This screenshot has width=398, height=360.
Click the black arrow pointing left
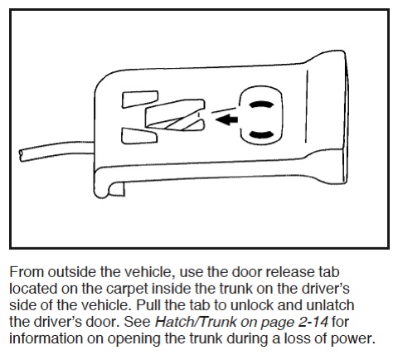pyautogui.click(x=226, y=119)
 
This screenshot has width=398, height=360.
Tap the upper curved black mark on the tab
pyautogui.click(x=261, y=105)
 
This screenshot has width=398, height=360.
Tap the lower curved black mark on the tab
pyautogui.click(x=261, y=134)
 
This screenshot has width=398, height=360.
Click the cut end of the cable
pyautogui.click(x=21, y=156)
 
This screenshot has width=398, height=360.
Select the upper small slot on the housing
pyautogui.click(x=140, y=99)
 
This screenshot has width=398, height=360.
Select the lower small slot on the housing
pyautogui.click(x=139, y=136)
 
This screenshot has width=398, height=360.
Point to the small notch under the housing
pyautogui.click(x=116, y=189)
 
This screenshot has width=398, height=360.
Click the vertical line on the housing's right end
pyautogui.click(x=306, y=107)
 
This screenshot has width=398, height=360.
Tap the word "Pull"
pyautogui.click(x=148, y=305)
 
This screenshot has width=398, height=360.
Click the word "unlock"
pyautogui.click(x=251, y=305)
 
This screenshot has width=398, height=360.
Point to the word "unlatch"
pyautogui.click(x=330, y=305)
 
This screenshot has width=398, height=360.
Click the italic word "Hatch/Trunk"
pyautogui.click(x=196, y=322)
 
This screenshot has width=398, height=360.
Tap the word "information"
pyautogui.click(x=46, y=338)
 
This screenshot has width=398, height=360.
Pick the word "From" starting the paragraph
pyautogui.click(x=27, y=272)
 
